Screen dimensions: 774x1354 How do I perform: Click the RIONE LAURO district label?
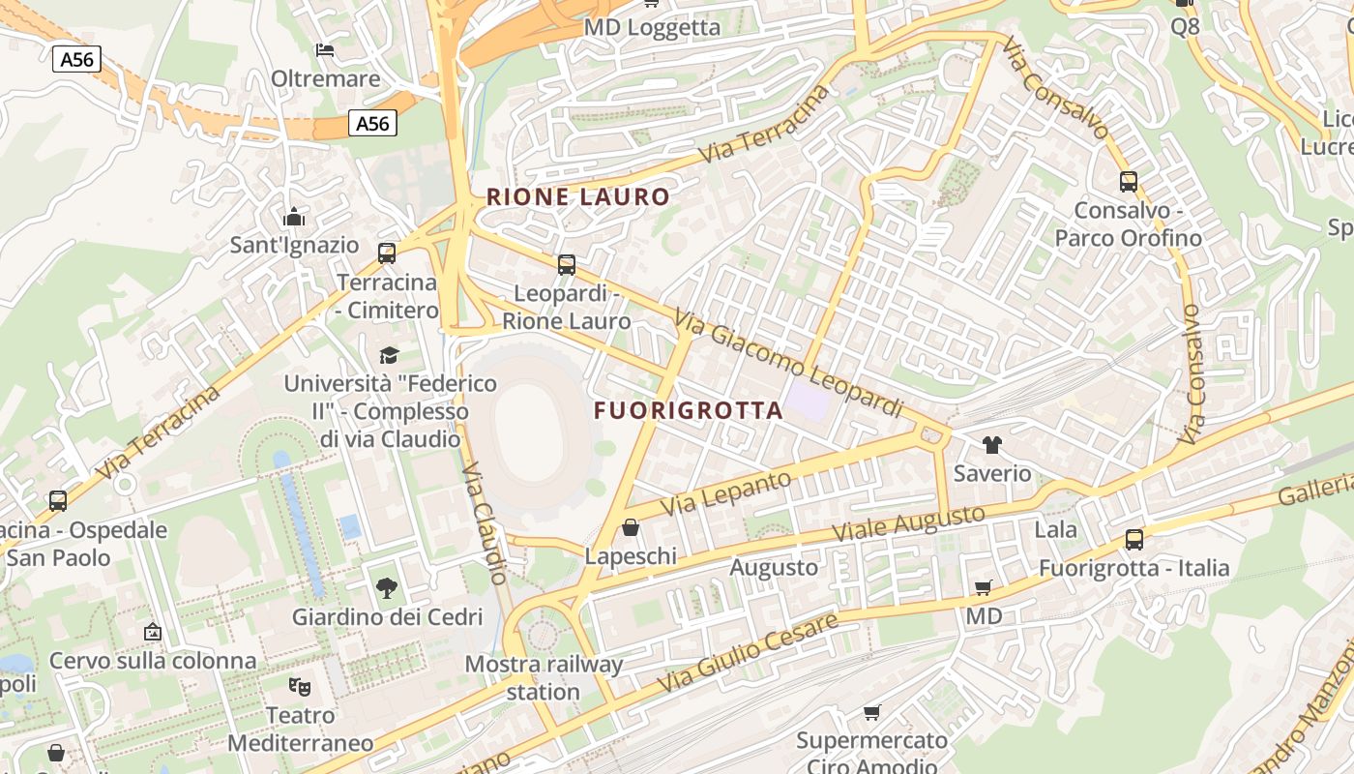click(577, 197)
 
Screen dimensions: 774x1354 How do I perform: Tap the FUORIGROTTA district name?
click(688, 410)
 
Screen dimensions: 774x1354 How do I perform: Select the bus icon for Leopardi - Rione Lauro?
click(567, 264)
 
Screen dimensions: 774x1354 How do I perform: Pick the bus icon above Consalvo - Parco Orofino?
click(1128, 181)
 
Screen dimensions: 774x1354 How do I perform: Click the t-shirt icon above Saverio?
click(991, 445)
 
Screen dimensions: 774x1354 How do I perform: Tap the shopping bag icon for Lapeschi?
click(631, 527)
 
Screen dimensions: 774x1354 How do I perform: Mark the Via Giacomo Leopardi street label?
click(787, 363)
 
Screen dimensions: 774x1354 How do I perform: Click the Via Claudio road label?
click(484, 522)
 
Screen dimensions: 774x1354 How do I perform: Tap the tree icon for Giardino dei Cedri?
click(386, 587)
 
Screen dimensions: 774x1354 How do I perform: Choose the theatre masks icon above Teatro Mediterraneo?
click(300, 687)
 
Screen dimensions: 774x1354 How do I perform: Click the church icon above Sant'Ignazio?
click(294, 217)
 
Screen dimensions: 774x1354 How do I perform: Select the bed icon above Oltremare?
click(325, 49)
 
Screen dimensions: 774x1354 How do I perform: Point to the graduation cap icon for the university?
click(389, 355)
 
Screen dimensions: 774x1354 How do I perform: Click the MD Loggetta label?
click(652, 27)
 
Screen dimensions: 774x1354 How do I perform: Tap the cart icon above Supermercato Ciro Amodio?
click(871, 713)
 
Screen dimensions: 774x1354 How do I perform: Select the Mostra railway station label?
click(544, 678)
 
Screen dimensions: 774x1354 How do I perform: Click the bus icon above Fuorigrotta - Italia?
click(1133, 539)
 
